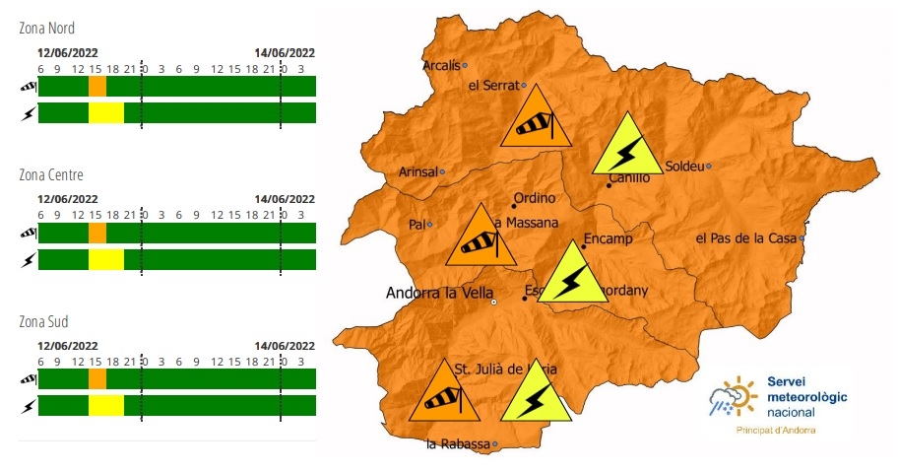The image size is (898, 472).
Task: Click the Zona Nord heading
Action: [46, 29]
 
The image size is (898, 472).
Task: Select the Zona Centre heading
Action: [50, 175]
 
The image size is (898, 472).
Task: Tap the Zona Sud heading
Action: [45, 322]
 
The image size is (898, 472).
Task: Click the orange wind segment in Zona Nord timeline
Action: [97, 87]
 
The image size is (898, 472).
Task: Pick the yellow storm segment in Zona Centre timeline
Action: [105, 259]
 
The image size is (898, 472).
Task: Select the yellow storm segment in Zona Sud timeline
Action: [105, 405]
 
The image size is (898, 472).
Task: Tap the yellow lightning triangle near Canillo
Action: [626, 149]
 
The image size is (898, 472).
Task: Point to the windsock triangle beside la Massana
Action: [481, 239]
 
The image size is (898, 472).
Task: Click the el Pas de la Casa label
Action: [746, 238]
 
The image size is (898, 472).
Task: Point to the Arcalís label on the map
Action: [440, 66]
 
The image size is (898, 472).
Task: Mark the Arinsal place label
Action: [417, 171]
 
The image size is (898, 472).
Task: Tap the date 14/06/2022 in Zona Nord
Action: [285, 53]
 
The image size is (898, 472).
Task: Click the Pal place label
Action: [417, 224]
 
